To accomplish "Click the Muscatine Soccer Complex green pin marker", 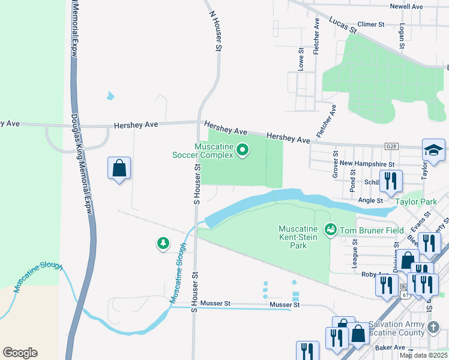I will [x=243, y=150].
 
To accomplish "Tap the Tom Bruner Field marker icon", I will [x=330, y=230].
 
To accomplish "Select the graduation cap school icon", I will [x=433, y=151].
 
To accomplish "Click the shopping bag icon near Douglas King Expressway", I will [x=119, y=169].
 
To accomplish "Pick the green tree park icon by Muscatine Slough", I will [x=163, y=243].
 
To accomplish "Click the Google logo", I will [x=20, y=353].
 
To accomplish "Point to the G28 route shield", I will [x=392, y=146].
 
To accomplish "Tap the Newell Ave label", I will [x=406, y=6].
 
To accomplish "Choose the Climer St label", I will [x=370, y=25].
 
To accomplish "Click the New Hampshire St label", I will [x=367, y=163].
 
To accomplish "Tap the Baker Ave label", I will [x=390, y=347].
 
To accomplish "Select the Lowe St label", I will [x=301, y=59].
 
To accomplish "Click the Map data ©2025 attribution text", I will [x=423, y=355].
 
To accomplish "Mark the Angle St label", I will [x=370, y=200].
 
